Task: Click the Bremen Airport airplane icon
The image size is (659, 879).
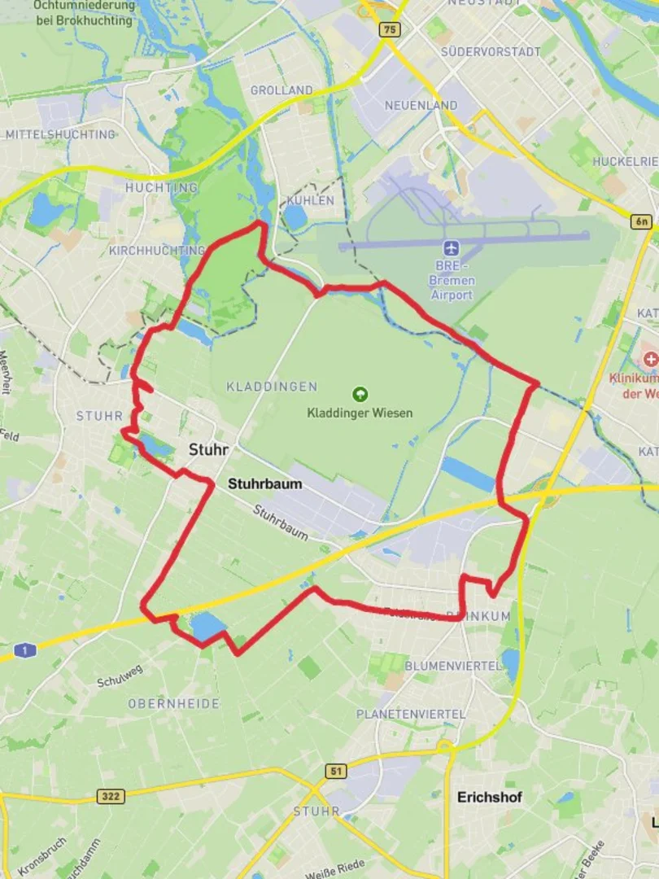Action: click(x=452, y=247)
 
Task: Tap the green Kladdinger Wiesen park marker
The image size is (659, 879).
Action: click(x=360, y=395)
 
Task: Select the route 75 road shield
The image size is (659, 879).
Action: click(x=390, y=29)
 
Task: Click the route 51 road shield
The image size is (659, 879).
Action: click(x=335, y=770)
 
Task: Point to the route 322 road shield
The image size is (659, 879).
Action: click(x=111, y=795)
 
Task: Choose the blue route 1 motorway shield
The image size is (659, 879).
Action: click(x=24, y=650)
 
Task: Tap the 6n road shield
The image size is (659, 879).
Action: click(x=643, y=221)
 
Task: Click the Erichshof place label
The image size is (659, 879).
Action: click(x=490, y=797)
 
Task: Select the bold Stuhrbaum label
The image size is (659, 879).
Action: click(x=264, y=483)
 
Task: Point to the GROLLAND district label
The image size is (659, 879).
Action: click(x=281, y=90)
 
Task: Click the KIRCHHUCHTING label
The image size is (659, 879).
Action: click(x=157, y=250)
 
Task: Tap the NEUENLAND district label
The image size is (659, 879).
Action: click(x=421, y=106)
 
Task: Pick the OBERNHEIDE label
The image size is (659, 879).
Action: click(x=173, y=703)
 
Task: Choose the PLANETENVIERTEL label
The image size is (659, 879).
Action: click(x=411, y=714)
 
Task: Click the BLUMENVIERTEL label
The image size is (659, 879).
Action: click(x=453, y=666)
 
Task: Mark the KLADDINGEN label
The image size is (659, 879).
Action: click(x=272, y=387)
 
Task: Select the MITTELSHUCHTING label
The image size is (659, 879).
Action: click(x=61, y=134)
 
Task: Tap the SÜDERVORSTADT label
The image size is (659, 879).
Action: click(x=491, y=51)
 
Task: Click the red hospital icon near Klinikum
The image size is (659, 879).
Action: click(x=649, y=359)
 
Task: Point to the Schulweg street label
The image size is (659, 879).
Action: click(x=120, y=676)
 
